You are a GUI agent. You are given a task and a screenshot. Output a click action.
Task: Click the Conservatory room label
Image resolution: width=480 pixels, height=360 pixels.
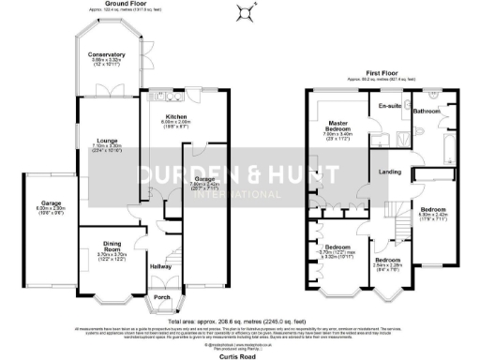pos(106,54)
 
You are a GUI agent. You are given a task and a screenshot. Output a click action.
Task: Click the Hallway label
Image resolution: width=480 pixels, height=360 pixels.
pos(160,266)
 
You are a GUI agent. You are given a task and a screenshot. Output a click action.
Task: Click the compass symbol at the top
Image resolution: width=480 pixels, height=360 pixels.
pos(247,12)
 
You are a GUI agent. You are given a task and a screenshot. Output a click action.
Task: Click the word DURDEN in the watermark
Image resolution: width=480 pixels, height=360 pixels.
pos(176,175)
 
